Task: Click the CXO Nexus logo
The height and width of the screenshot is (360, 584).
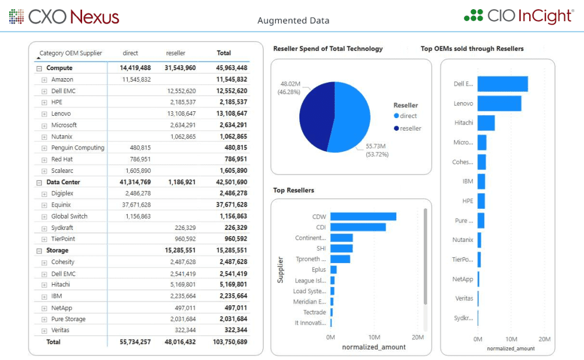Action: point(64,17)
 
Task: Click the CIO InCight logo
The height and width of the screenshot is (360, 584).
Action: point(518,16)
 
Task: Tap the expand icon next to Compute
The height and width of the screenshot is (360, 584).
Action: point(39,68)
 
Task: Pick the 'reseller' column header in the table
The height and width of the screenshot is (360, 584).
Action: point(176,53)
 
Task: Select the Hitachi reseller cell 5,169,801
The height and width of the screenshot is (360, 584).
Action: point(182,285)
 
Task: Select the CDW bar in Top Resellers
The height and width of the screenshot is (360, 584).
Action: point(363,217)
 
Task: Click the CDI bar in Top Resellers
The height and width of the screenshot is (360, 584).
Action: point(358,227)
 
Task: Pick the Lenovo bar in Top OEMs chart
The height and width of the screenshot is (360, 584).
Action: point(499,103)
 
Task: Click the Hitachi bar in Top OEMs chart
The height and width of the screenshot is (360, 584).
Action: point(486,123)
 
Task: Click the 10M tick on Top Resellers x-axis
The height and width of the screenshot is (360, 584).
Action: point(374,337)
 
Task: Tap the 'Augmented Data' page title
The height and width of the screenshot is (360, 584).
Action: point(293,21)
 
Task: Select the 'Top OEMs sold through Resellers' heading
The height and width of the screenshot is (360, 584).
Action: point(472,48)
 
